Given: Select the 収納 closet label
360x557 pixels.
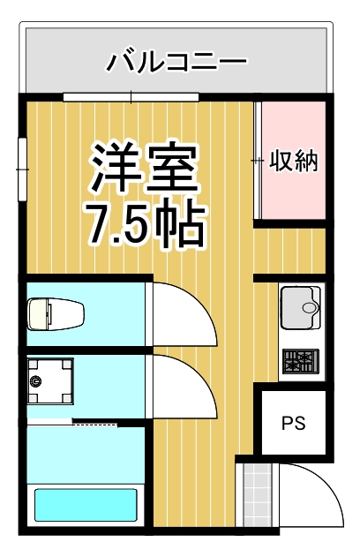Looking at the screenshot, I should point(293,161).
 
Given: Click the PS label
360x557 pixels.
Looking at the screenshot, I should point(293,423).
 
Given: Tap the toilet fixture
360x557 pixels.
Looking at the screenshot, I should point(56,312).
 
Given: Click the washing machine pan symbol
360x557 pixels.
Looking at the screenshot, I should point(49,380).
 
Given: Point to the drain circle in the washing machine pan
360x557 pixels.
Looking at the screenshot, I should point(36,381).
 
